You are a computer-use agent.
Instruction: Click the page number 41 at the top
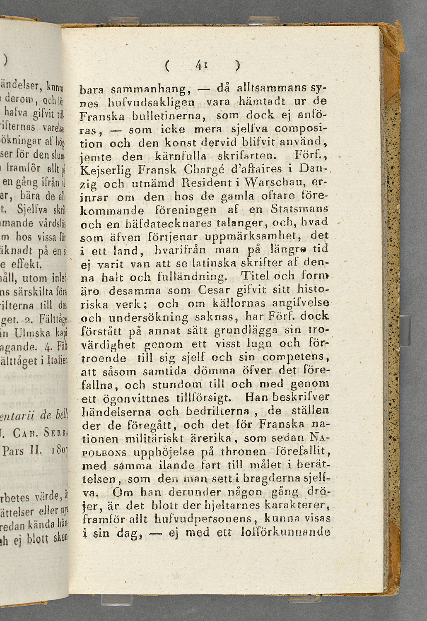pos(202,65)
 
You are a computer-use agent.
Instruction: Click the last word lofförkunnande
pos(285,532)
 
